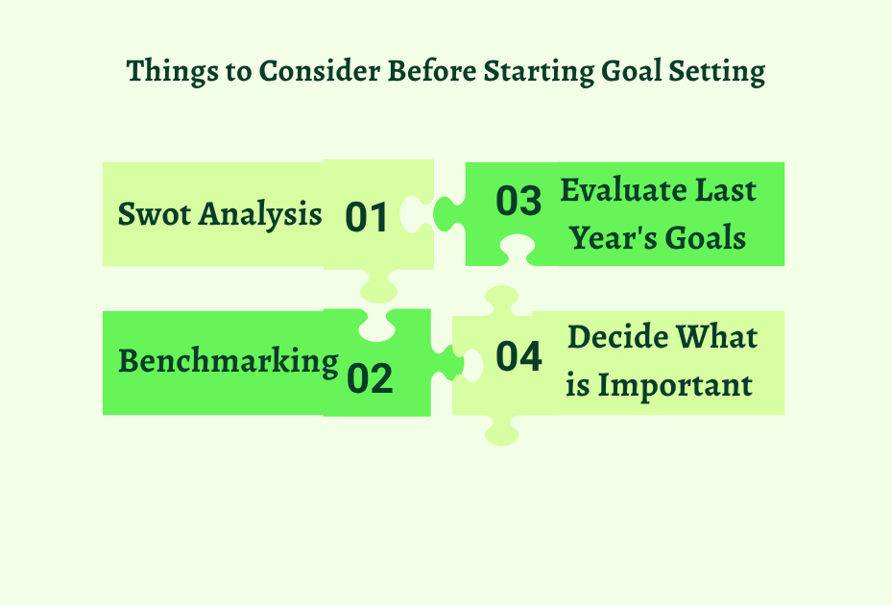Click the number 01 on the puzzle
[366, 217]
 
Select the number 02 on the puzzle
[370, 378]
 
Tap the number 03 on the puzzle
[518, 202]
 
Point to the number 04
[518, 356]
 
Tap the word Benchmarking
[228, 361]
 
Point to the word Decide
[617, 337]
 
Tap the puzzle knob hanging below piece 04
[503, 429]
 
